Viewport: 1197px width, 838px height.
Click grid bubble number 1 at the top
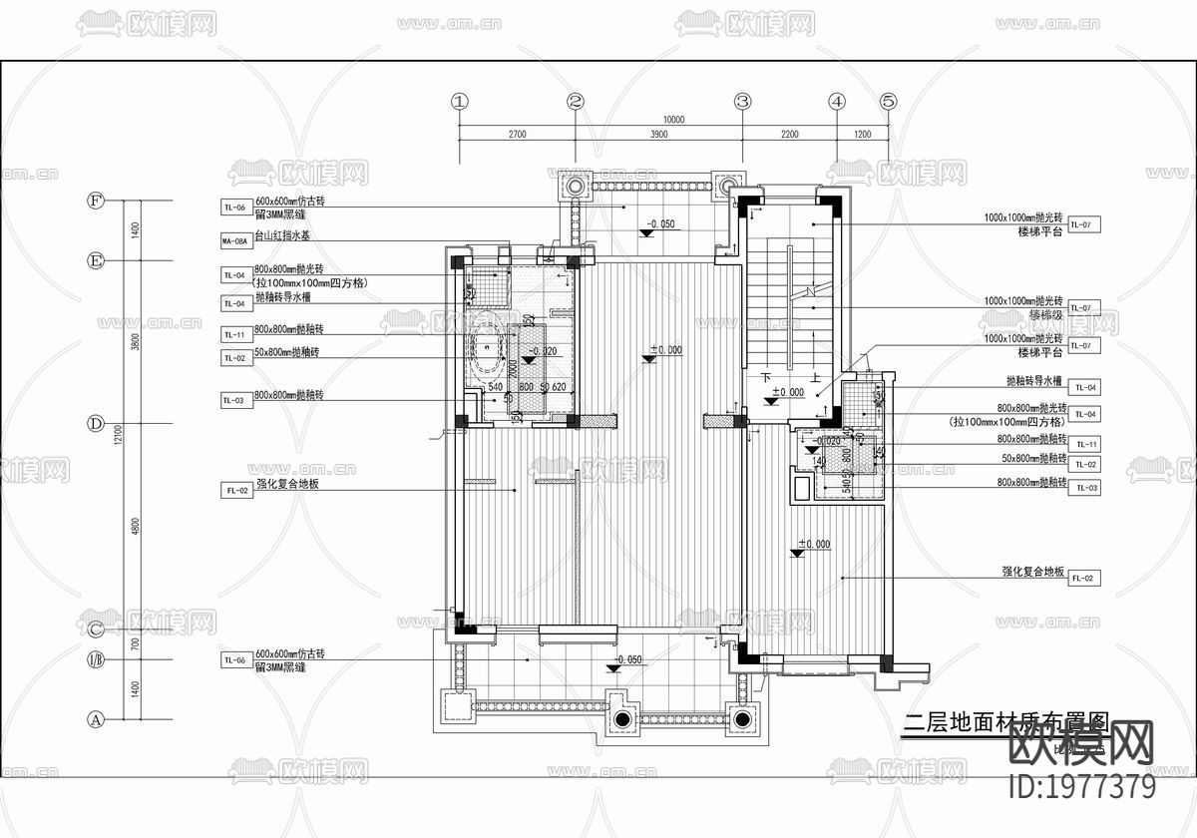click(459, 101)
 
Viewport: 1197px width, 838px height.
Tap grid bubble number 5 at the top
click(889, 101)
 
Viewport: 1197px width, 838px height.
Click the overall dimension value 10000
click(673, 119)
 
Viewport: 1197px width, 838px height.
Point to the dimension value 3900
click(658, 134)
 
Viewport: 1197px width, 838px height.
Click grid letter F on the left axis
click(97, 201)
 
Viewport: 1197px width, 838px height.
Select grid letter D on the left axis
click(97, 423)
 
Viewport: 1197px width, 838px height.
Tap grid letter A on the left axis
click(97, 718)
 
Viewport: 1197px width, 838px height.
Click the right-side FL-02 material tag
click(1083, 578)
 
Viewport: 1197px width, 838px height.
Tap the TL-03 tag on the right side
click(1083, 487)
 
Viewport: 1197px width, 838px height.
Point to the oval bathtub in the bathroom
click(487, 350)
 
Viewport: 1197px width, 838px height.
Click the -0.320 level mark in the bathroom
click(544, 352)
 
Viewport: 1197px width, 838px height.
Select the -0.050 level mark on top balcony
click(659, 224)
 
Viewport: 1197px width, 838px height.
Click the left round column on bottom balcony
click(621, 719)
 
